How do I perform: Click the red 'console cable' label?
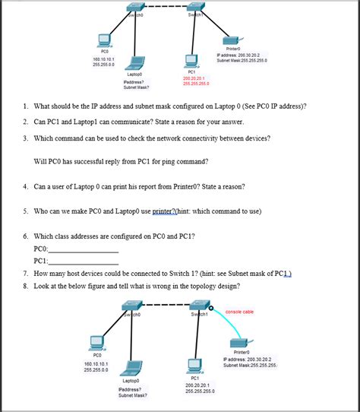pos(239,311)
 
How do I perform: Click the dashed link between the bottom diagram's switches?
pos(163,305)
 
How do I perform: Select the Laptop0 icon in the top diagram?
pos(137,63)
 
